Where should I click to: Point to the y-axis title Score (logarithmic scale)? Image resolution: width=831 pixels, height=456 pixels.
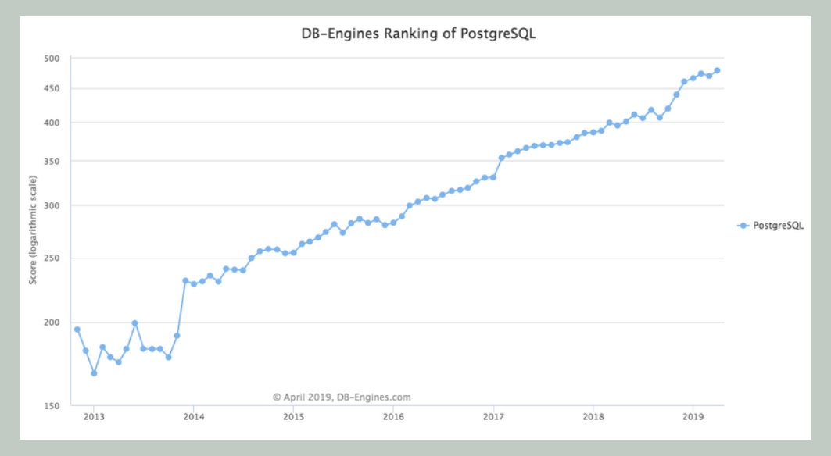(33, 230)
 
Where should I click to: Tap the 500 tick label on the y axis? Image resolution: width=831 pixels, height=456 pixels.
(52, 58)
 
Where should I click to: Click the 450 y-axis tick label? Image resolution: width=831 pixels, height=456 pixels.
(52, 88)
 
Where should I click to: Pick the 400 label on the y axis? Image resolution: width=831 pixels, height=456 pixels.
(52, 123)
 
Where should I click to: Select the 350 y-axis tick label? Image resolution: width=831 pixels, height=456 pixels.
(52, 161)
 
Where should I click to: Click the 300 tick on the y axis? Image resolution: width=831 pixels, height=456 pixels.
(52, 205)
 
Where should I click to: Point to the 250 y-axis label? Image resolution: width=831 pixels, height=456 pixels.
(52, 258)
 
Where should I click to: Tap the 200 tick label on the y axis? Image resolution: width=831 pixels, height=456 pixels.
(52, 322)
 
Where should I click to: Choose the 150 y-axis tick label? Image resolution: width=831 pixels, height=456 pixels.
(52, 406)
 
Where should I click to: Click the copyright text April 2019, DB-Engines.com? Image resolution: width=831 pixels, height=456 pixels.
(342, 397)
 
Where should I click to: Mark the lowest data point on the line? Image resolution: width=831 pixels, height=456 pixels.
(94, 373)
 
